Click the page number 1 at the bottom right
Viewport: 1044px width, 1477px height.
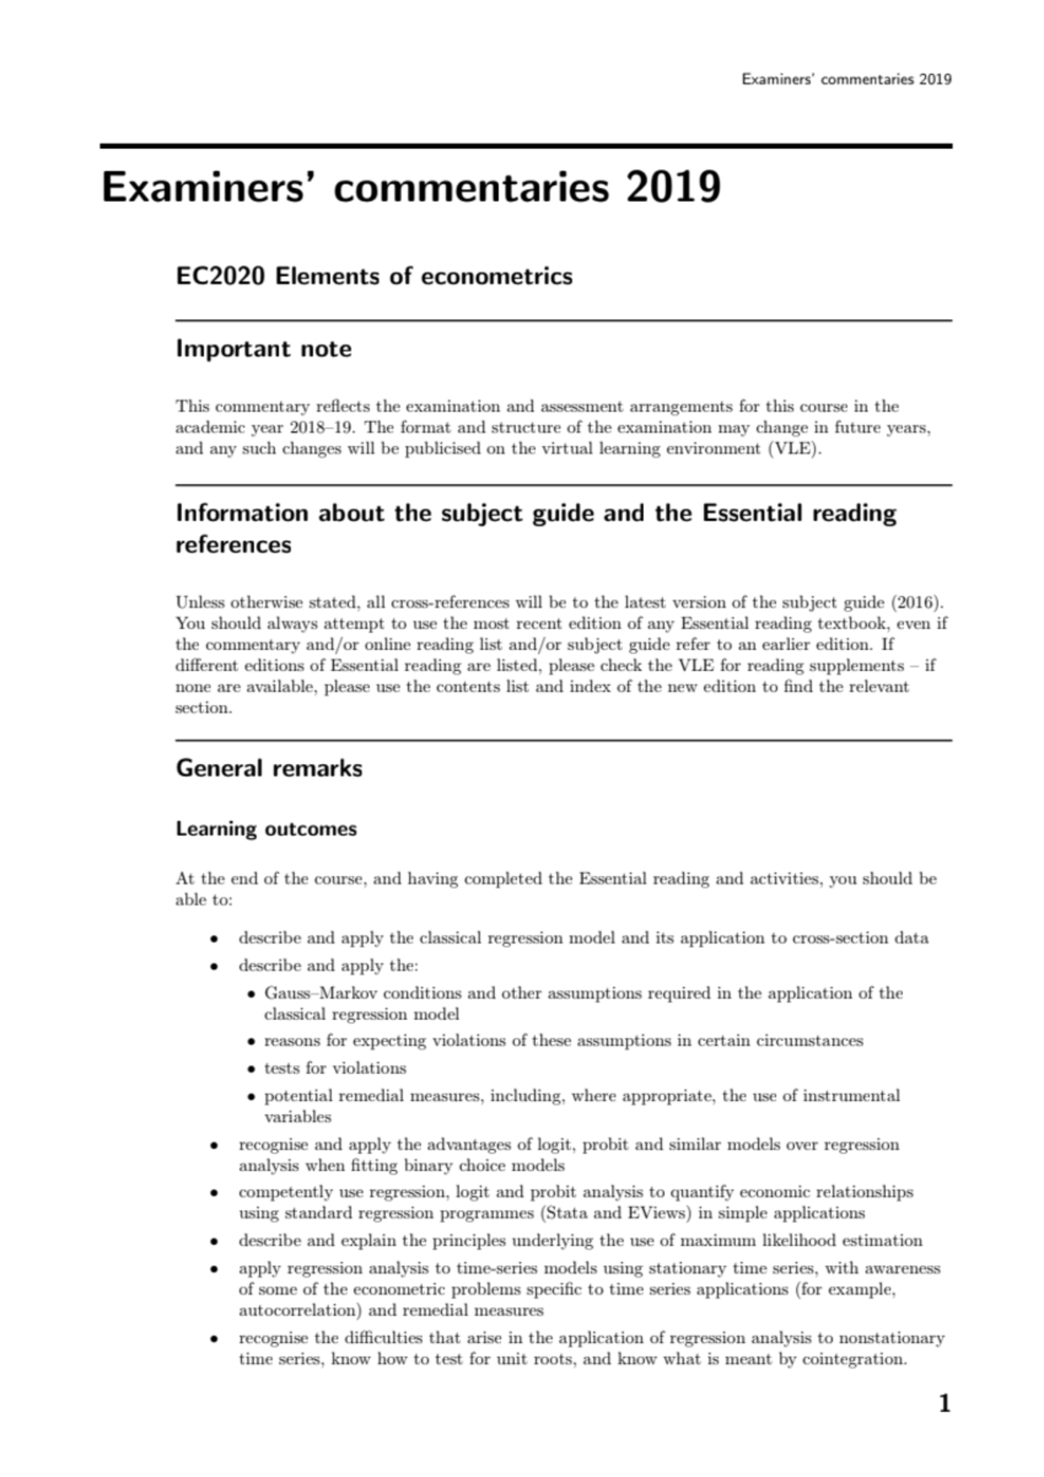point(944,1403)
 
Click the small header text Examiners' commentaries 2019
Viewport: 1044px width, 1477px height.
point(846,79)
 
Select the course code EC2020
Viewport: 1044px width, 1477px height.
point(220,277)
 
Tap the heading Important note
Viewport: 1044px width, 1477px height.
point(264,349)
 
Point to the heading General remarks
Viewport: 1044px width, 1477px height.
point(269,768)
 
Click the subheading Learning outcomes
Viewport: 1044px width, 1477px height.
point(266,829)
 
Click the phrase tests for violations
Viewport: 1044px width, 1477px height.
point(335,1068)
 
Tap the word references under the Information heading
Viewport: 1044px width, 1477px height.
point(233,546)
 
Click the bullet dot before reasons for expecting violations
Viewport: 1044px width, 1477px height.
point(251,1042)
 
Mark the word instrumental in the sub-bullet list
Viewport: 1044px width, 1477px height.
point(850,1096)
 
